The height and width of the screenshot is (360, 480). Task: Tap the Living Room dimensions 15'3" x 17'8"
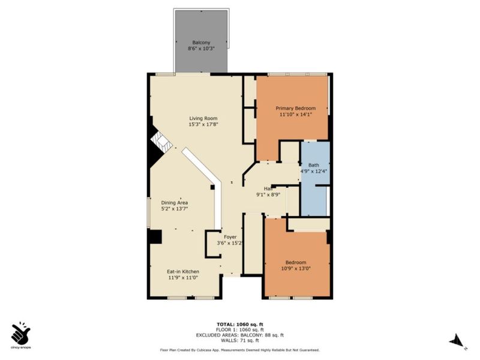coord(203,125)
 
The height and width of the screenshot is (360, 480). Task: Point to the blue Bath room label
coord(314,164)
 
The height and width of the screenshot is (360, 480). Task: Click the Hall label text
coord(259,187)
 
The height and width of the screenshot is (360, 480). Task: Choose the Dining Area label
coord(175,202)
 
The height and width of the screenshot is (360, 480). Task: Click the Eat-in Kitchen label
coord(183,271)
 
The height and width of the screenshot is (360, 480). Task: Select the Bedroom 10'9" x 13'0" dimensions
coord(296,269)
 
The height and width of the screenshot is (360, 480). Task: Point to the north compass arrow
coord(457,340)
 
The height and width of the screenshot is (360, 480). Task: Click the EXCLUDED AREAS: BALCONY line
coord(240,335)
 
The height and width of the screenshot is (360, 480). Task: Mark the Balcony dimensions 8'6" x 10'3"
coord(201,50)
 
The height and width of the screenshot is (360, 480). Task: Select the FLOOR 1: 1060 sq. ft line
coord(240,329)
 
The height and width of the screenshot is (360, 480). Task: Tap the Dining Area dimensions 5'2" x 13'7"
coord(175,209)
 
